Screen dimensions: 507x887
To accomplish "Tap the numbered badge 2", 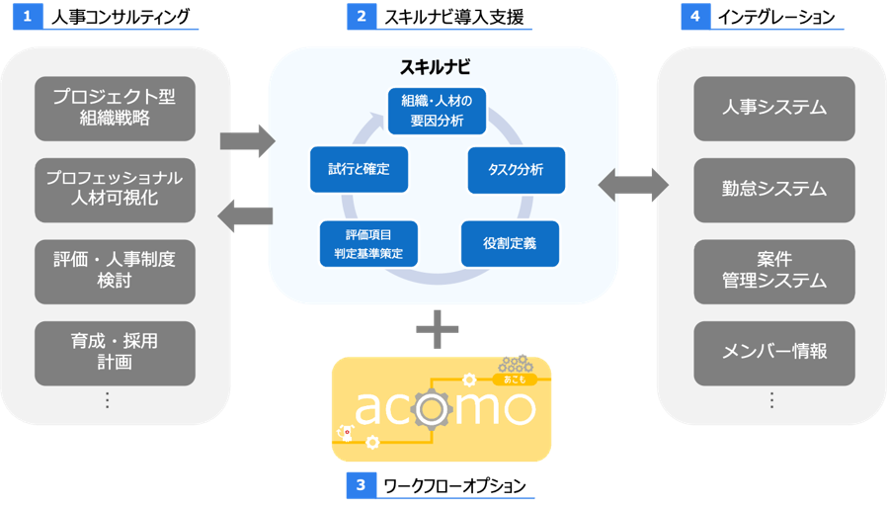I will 361,17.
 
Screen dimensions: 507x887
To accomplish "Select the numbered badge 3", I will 361,485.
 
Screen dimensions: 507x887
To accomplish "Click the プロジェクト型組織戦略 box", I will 115,109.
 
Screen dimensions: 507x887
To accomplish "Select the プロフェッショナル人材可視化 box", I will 115,190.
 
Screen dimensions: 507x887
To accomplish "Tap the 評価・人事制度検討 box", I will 115,271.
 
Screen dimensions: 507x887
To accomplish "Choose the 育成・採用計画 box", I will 115,352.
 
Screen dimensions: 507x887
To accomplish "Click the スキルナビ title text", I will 435,69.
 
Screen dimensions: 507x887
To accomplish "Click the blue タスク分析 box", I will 516,169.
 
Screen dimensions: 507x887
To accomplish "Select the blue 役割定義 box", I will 510,243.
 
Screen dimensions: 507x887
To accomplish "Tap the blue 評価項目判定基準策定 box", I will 368,243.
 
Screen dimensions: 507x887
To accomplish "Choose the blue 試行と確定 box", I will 359,169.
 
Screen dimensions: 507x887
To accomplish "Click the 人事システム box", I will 773,107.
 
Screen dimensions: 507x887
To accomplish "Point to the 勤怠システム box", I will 773,188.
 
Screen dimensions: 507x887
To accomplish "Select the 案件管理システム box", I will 773,269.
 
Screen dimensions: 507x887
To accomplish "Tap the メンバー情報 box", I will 773,350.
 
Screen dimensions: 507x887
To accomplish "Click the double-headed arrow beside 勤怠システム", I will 633,185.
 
